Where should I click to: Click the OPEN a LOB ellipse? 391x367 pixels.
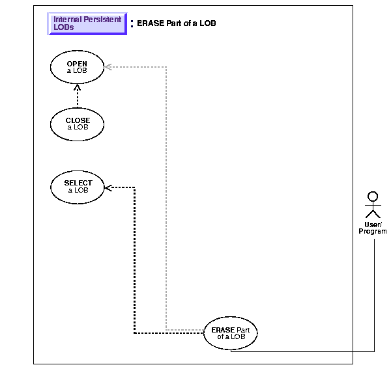point(77,67)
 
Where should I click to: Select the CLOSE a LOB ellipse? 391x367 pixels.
point(78,124)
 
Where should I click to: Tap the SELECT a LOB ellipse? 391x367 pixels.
point(78,186)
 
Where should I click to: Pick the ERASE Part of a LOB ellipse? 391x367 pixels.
point(230,333)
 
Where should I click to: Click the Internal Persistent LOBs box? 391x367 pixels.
point(87,23)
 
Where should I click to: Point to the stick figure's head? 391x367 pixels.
point(372,195)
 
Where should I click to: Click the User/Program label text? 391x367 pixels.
point(372,228)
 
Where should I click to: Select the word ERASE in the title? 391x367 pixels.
point(149,23)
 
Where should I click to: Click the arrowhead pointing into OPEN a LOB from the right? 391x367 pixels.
point(108,66)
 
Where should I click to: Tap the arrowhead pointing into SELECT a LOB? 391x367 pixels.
point(109,187)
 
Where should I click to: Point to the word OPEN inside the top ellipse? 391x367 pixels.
point(77,64)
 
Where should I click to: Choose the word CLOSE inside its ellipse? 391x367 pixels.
point(78,120)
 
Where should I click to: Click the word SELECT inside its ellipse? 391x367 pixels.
point(78,183)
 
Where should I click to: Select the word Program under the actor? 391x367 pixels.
point(372,232)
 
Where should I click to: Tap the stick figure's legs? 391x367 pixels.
point(372,214)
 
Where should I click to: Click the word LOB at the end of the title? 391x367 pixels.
point(208,23)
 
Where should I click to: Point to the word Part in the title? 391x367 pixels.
point(175,23)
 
